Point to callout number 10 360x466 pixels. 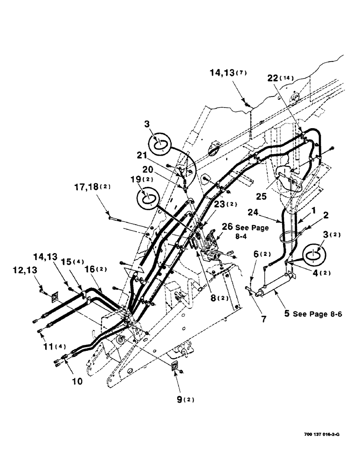[77, 381]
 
